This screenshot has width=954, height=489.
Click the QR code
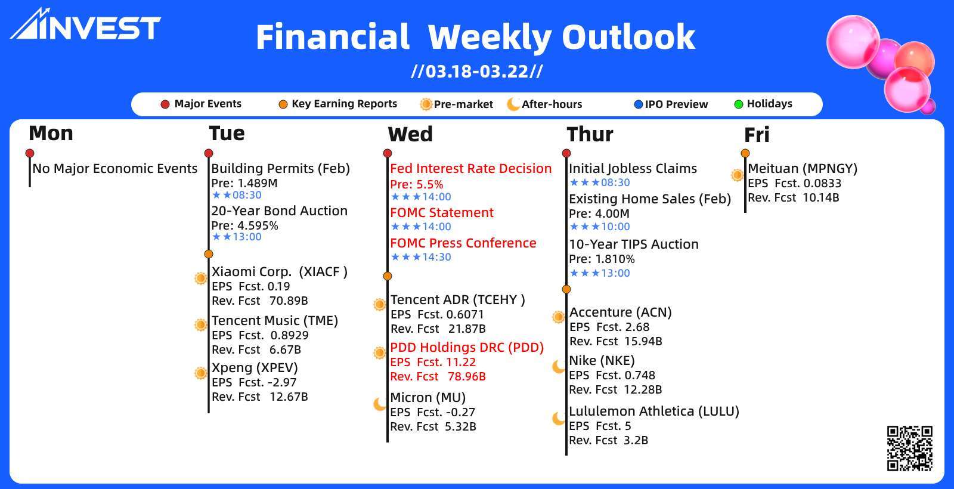click(910, 448)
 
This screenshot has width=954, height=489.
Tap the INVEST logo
click(85, 24)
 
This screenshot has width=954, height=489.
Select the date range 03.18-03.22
click(477, 71)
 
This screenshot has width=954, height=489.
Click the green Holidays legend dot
click(739, 104)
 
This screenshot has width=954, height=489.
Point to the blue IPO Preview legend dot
click(638, 104)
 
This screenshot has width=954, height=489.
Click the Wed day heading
click(410, 134)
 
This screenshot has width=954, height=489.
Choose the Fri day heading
click(757, 135)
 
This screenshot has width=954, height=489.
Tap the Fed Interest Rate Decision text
click(470, 169)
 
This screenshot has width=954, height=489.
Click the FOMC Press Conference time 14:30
click(436, 257)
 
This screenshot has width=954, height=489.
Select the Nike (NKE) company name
click(602, 361)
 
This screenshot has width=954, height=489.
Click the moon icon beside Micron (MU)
click(379, 403)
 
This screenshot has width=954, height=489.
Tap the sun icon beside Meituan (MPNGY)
click(737, 175)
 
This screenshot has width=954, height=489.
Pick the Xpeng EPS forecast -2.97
click(283, 382)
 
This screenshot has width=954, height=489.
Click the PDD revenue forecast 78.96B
click(467, 376)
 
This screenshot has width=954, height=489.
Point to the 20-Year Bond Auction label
click(280, 211)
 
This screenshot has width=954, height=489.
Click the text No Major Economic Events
click(115, 169)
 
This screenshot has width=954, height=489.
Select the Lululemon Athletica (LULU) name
click(654, 411)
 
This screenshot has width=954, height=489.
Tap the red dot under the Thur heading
click(566, 153)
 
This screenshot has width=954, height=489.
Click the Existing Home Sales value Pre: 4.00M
click(599, 213)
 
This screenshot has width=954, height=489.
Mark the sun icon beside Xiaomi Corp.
click(200, 278)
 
